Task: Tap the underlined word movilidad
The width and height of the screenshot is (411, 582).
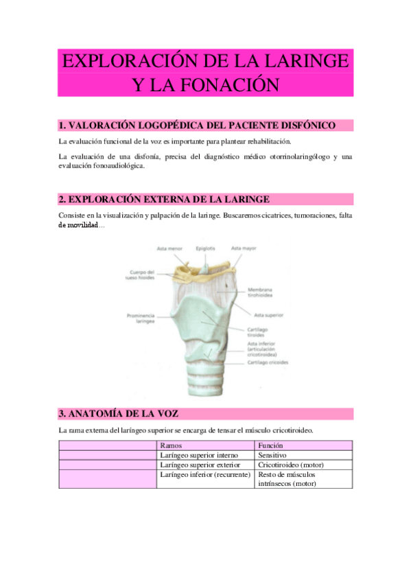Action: pos(78,225)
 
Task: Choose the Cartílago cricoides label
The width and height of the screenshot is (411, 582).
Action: pos(268,362)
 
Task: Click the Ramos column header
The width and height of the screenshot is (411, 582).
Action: pos(170,445)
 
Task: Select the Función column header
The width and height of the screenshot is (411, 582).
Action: pos(271,445)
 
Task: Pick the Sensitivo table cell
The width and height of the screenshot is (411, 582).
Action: pos(272,455)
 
